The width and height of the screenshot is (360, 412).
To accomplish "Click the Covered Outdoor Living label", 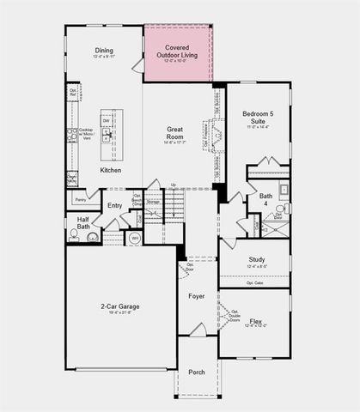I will click(x=178, y=51).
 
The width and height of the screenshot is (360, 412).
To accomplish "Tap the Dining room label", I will click(x=104, y=51).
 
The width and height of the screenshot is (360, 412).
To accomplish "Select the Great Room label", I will click(x=175, y=133).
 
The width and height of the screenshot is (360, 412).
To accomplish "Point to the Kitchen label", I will click(x=111, y=171).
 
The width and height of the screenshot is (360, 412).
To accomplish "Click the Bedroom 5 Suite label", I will click(x=259, y=118).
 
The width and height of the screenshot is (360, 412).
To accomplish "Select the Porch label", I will click(x=197, y=373).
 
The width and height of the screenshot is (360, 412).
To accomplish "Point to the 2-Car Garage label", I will click(x=120, y=306).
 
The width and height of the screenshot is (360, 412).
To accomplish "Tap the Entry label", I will click(x=114, y=205).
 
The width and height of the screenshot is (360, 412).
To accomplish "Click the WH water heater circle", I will click(x=134, y=237).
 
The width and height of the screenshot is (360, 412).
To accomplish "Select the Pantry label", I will click(x=80, y=199).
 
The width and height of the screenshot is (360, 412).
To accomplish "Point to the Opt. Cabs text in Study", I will click(x=254, y=282).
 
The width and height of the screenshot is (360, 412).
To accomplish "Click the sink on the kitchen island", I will click(x=107, y=135).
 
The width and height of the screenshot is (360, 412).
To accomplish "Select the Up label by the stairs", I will click(x=174, y=185).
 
